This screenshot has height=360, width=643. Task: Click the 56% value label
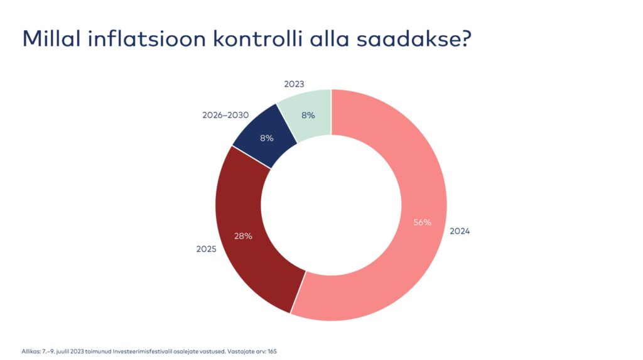click(x=422, y=222)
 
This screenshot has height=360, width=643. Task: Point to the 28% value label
click(x=243, y=236)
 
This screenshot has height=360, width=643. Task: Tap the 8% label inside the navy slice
click(x=267, y=138)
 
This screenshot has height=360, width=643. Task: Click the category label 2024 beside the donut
click(x=460, y=231)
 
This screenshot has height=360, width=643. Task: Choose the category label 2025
click(x=206, y=249)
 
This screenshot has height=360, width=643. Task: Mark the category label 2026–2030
click(x=225, y=116)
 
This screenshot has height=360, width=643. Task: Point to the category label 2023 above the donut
click(x=294, y=84)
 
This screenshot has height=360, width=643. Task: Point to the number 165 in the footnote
click(x=272, y=351)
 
